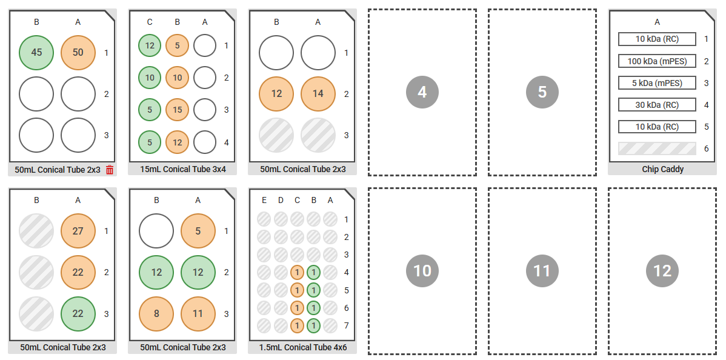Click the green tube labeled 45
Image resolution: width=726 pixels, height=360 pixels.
pyautogui.click(x=36, y=53)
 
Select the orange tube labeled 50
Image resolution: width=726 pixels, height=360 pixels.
pyautogui.click(x=78, y=53)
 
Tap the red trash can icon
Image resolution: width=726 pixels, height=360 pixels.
pyautogui.click(x=110, y=170)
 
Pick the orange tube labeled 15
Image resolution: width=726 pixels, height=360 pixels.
pyautogui.click(x=177, y=110)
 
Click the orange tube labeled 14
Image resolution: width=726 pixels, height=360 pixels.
pyautogui.click(x=318, y=94)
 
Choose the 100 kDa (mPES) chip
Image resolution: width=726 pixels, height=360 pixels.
pyautogui.click(x=657, y=61)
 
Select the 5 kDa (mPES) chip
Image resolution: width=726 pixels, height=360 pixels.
pyautogui.click(x=657, y=83)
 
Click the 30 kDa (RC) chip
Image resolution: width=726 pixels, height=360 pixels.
pyautogui.click(x=657, y=105)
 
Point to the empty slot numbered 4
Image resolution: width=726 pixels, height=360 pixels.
pyautogui.click(x=422, y=92)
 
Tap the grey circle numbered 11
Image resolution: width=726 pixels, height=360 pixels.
pyautogui.click(x=542, y=270)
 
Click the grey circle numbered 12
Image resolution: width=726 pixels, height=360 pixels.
pyautogui.click(x=662, y=270)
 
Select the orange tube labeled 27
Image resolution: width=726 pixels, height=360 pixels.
pyautogui.click(x=78, y=231)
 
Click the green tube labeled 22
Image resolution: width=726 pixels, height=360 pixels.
pyautogui.click(x=78, y=314)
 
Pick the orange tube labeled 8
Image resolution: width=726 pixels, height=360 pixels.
pyautogui.click(x=156, y=314)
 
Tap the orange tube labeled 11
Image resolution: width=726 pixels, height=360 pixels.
pyautogui.click(x=198, y=314)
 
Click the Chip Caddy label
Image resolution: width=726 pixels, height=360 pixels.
pyautogui.click(x=662, y=169)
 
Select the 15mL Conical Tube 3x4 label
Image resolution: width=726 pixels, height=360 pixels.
pyautogui.click(x=183, y=169)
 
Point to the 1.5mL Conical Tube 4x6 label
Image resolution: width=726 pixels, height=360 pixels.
pyautogui.click(x=303, y=347)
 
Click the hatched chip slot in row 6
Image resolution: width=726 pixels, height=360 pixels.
pyautogui.click(x=657, y=148)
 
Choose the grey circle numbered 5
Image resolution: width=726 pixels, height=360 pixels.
pyautogui.click(x=542, y=92)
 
